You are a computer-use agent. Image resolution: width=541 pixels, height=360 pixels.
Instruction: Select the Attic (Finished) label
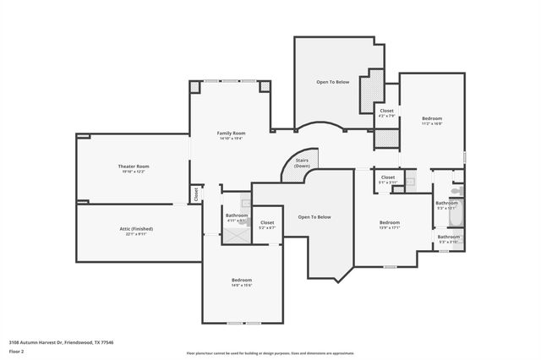[135, 228]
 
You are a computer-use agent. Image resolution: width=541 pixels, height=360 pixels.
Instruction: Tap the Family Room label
[231, 133]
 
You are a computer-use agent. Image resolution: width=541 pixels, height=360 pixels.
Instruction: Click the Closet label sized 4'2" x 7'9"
[386, 111]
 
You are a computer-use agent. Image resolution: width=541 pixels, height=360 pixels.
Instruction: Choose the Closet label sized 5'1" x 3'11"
[387, 177]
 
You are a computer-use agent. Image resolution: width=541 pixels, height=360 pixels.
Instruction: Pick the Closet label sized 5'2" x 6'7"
[266, 222]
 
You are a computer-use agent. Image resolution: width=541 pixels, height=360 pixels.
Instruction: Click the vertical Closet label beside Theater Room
[195, 194]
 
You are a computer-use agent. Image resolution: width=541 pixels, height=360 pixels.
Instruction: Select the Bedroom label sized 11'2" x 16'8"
[432, 118]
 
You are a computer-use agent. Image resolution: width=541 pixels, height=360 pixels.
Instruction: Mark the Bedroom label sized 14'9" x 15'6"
[242, 280]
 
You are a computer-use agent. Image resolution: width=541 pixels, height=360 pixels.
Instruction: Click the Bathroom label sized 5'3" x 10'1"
[446, 203]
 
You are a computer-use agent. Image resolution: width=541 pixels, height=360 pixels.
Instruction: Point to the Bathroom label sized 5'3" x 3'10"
[449, 237]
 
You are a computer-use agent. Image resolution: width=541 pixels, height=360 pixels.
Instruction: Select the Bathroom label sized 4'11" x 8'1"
[237, 215]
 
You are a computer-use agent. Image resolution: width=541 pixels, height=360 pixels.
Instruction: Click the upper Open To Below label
[333, 82]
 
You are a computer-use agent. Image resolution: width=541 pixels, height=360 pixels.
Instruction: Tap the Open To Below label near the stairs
[314, 217]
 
